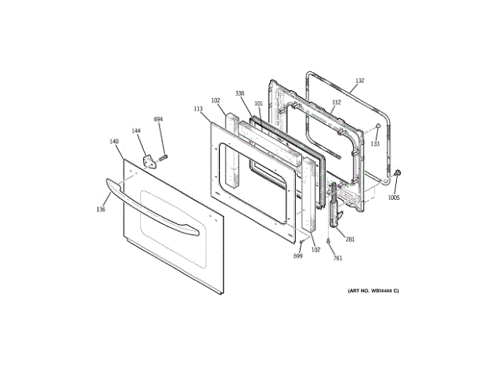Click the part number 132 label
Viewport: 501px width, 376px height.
tap(359, 81)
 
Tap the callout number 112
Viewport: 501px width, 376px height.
tap(337, 102)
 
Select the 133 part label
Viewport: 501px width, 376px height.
tap(375, 144)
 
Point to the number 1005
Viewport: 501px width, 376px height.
tap(394, 197)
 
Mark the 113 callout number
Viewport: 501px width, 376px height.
tap(198, 110)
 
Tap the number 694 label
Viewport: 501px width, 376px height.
tap(158, 119)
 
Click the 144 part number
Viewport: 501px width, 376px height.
tap(136, 131)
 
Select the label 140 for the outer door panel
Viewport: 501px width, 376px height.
tap(114, 142)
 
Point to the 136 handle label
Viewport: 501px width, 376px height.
tap(101, 209)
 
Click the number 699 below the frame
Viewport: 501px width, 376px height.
tap(298, 255)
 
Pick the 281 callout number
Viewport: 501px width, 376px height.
tap(350, 239)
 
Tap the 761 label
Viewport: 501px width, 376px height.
tap(337, 258)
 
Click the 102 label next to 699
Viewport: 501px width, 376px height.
tap(315, 250)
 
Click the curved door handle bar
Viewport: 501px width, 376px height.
tap(149, 205)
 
